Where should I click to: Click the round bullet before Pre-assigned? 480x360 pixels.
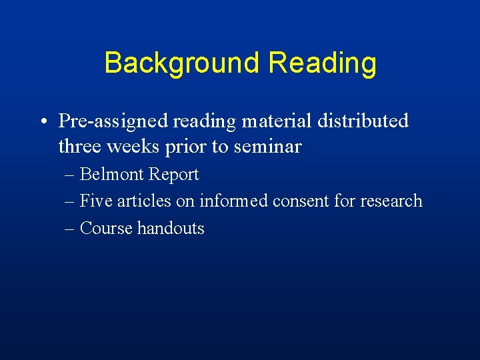point(42,121)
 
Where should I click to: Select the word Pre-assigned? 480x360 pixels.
point(113,121)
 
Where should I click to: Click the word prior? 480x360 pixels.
point(187,147)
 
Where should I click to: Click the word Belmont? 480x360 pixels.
point(111,175)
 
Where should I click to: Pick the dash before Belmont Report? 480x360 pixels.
point(70,175)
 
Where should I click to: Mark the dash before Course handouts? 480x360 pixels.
point(70,229)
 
